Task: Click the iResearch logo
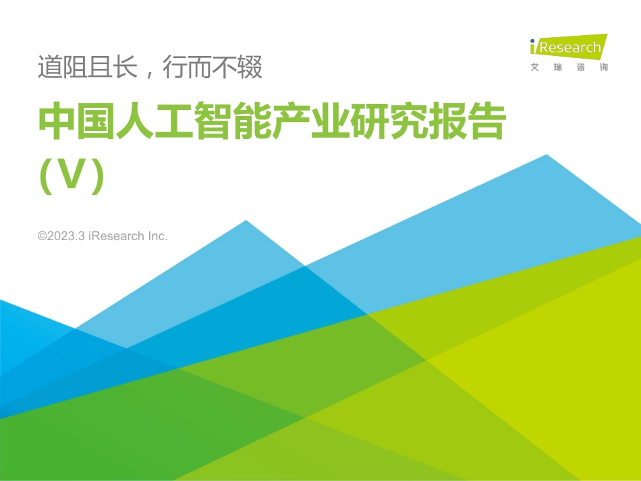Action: [x=567, y=47]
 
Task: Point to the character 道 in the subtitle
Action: [x=49, y=68]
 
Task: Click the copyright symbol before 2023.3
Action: [x=43, y=236]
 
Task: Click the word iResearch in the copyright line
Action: [x=117, y=236]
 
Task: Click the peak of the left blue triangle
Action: [x=246, y=221]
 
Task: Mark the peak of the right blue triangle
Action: [x=546, y=155]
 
